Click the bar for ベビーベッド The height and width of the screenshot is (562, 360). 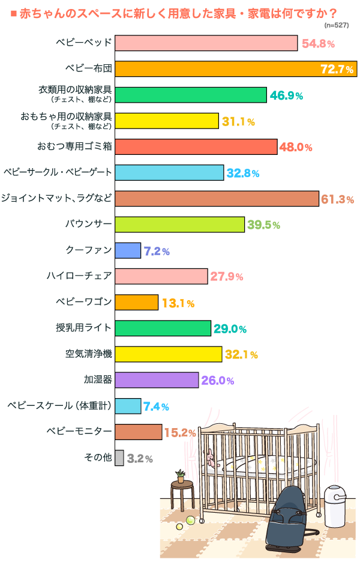pos(206,43)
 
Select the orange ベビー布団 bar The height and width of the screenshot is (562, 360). pos(235,68)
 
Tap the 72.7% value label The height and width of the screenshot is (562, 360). pos(337,69)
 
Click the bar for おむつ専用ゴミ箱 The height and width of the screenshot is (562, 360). pos(196,147)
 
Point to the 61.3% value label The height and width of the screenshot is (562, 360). pos(337,199)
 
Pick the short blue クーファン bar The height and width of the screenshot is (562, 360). pos(127,250)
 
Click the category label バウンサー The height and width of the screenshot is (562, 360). pos(88,225)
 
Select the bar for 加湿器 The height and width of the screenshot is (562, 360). pos(156,380)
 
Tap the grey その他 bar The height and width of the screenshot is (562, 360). pos(119,458)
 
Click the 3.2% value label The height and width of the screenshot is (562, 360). pos(140,459)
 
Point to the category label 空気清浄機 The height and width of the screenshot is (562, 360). pos(88,354)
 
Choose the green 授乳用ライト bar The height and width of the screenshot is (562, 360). pos(163,328)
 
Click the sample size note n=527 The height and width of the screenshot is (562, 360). pos(337,25)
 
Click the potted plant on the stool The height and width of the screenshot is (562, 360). pos(180,476)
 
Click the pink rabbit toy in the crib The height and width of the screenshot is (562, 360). pos(210,460)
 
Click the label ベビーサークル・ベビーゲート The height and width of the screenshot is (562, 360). pos(58,173)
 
